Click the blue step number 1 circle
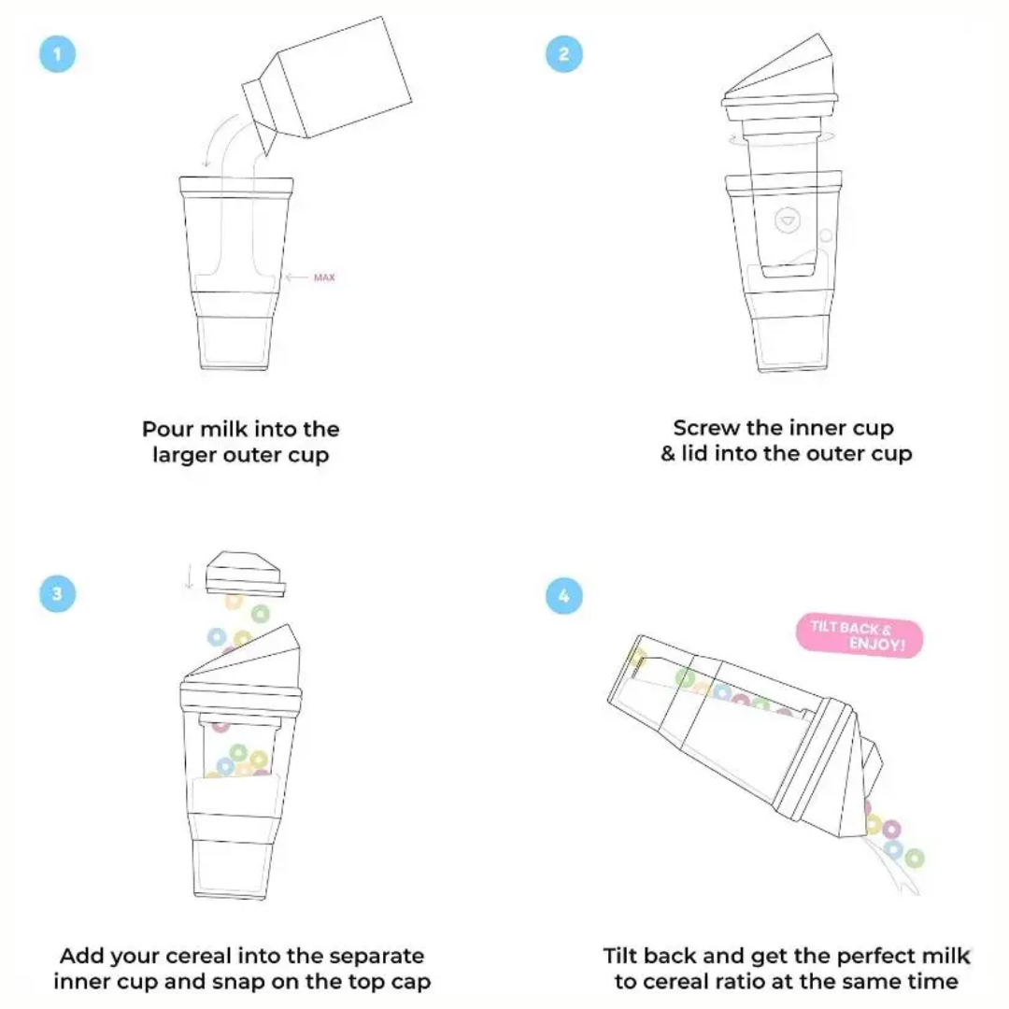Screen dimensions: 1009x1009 [57, 54]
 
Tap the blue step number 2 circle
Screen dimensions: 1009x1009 [563, 54]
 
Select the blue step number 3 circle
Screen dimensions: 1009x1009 [57, 594]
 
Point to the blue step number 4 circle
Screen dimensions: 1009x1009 [563, 594]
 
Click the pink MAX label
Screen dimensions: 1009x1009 [324, 277]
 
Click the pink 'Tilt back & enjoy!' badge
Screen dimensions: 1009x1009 [859, 637]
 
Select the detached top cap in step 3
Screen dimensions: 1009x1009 [245, 572]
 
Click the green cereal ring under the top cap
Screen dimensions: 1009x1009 [260, 613]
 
